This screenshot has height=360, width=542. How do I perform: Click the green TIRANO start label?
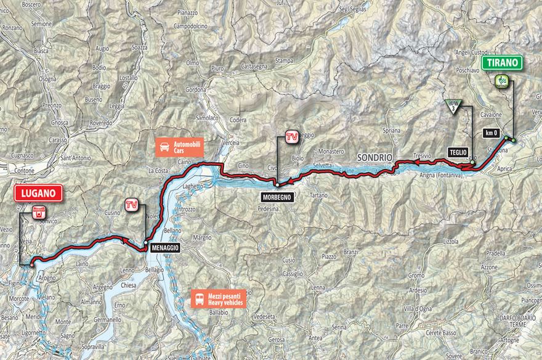(x=503, y=62)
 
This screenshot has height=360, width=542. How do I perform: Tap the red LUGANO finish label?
(x=38, y=193)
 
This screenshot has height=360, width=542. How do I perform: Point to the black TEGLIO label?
(x=459, y=152)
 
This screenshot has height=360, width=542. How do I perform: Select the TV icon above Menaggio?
(x=131, y=205)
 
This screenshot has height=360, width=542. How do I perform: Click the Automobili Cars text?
(x=189, y=146)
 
